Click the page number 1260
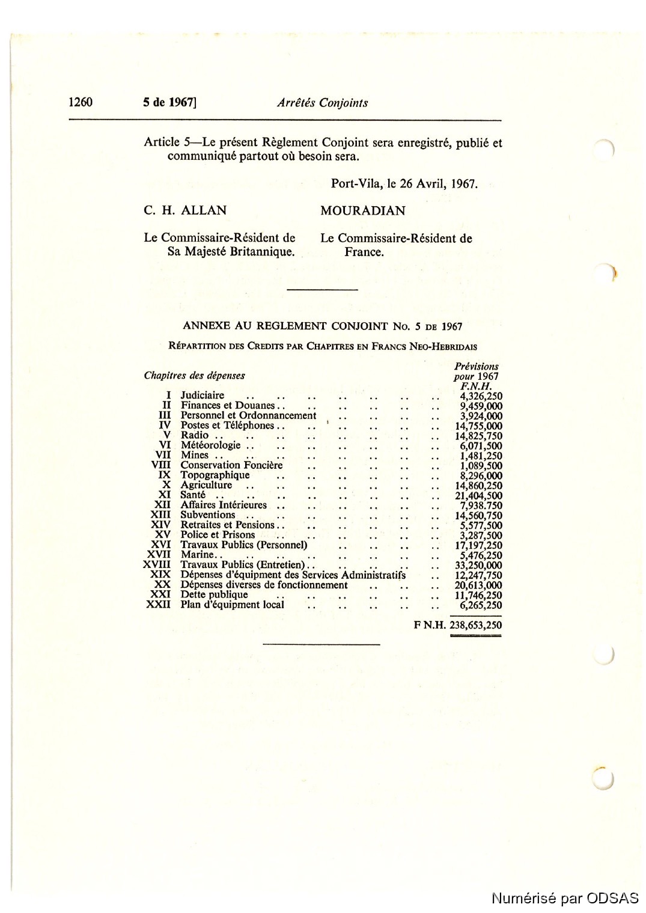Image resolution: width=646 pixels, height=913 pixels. coord(81,102)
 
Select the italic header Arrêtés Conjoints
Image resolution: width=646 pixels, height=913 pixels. coord(322,103)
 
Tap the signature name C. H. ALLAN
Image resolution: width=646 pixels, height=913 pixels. coord(185,210)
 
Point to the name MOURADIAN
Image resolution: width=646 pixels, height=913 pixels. coord(362,211)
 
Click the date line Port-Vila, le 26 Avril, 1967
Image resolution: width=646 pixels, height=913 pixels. coord(404,184)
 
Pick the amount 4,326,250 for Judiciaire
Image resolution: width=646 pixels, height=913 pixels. coord(481,396)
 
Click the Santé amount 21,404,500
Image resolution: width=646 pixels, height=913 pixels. coord(478,496)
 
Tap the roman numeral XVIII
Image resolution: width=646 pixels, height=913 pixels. coord(157,565)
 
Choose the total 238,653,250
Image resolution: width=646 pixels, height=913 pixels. coord(475,625)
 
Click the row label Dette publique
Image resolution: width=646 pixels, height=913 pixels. coord(214,595)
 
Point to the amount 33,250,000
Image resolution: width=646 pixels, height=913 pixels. coord(478,566)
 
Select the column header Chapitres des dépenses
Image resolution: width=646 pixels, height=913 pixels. coord(194,376)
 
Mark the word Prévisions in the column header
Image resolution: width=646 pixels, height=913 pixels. coord(476,366)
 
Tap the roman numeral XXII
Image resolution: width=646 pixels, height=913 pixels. coord(158,605)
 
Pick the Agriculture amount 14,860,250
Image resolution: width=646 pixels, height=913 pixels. coord(478,486)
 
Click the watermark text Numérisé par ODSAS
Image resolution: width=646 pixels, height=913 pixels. coord(565,898)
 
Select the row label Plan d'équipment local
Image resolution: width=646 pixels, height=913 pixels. coord(232,605)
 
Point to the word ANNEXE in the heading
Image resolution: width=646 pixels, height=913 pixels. coord(206,326)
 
